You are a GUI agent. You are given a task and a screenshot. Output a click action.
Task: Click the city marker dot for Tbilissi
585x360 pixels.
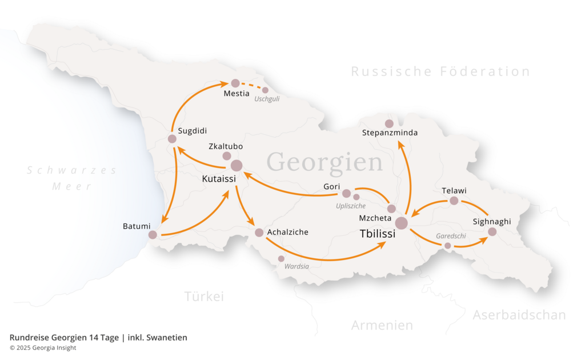(402, 223)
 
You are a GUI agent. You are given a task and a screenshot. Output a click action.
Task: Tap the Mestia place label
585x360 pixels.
(237, 94)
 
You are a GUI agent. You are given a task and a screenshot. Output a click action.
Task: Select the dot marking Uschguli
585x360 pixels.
(265, 90)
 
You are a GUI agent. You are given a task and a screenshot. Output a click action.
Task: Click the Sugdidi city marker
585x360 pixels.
(172, 139)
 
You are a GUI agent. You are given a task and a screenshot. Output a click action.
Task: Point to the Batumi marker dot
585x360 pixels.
(153, 235)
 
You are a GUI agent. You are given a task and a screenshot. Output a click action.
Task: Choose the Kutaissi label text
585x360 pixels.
(219, 179)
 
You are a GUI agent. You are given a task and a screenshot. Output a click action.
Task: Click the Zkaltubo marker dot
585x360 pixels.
(227, 156)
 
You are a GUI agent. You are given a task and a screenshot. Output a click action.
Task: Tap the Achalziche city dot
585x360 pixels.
(259, 233)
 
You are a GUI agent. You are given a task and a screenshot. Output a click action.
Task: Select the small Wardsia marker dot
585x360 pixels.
(281, 259)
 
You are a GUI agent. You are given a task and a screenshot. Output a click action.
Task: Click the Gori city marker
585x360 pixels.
(346, 194)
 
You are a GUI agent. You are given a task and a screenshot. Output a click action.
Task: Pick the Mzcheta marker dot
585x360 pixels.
(391, 209)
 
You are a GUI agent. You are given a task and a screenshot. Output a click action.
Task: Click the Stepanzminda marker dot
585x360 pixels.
(389, 123)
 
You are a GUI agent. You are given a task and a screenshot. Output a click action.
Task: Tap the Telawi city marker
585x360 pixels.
(454, 201)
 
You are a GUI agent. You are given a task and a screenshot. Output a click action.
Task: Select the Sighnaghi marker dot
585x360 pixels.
(492, 232)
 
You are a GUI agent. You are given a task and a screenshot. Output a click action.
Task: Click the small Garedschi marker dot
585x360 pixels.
(447, 246)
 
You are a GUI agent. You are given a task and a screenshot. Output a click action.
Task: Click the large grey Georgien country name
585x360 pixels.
(324, 162)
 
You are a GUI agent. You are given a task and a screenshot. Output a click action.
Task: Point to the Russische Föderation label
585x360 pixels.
(440, 71)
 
